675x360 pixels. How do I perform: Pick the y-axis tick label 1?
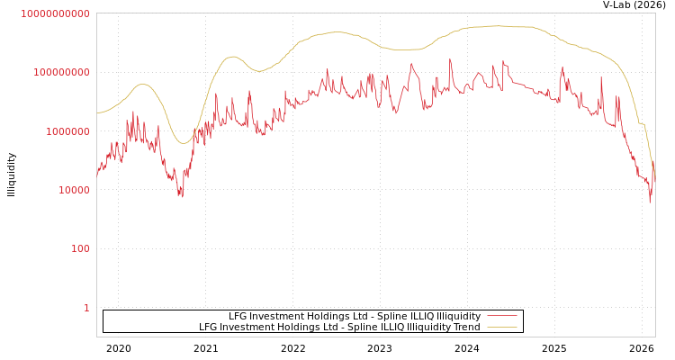click(x=86, y=308)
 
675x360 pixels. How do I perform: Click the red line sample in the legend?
click(x=501, y=316)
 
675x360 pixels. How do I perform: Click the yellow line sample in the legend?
click(x=501, y=327)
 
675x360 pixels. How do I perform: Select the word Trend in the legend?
click(x=466, y=327)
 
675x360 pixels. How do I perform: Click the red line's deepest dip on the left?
click(x=181, y=194)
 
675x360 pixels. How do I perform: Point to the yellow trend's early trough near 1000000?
click(x=183, y=143)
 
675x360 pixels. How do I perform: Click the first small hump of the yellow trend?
click(x=141, y=84)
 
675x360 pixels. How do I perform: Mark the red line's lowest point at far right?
click(x=650, y=202)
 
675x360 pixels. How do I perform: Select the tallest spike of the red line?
click(x=450, y=60)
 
